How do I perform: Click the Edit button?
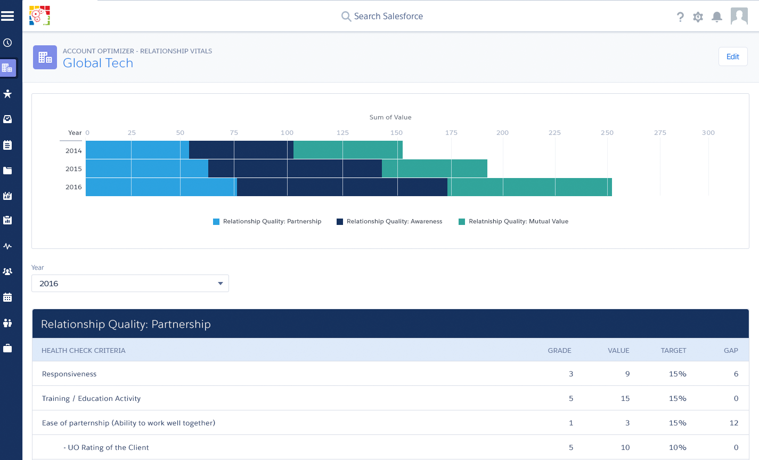(733, 57)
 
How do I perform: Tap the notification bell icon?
(717, 17)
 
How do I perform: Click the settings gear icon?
(698, 17)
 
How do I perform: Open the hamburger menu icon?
(7, 17)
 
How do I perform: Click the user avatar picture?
(739, 17)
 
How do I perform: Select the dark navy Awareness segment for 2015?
(295, 168)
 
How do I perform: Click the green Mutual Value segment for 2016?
(529, 187)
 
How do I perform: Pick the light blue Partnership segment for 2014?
(137, 150)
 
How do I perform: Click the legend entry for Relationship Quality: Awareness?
(394, 221)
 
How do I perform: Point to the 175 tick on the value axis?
(451, 133)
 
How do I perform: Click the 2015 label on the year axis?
(74, 169)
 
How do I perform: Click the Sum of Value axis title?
(390, 117)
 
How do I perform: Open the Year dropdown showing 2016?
(130, 284)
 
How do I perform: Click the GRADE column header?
(559, 351)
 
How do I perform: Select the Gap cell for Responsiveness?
(736, 374)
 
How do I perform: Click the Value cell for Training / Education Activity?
(625, 399)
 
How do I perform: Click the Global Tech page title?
(98, 63)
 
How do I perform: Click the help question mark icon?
(680, 17)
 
